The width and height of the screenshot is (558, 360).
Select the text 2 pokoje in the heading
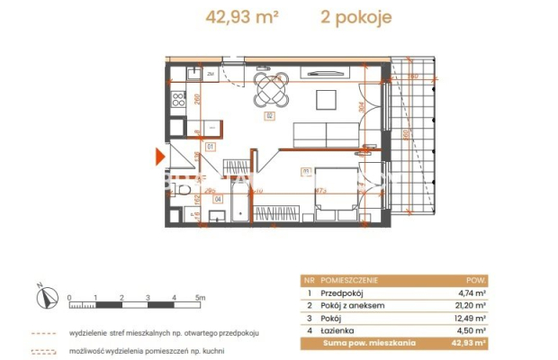point(356,17)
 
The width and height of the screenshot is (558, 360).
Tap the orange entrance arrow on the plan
point(160,157)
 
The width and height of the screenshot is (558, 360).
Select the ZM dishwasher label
point(210,73)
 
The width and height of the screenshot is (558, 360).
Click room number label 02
point(268,116)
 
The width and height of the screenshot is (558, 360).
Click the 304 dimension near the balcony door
point(360,108)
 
